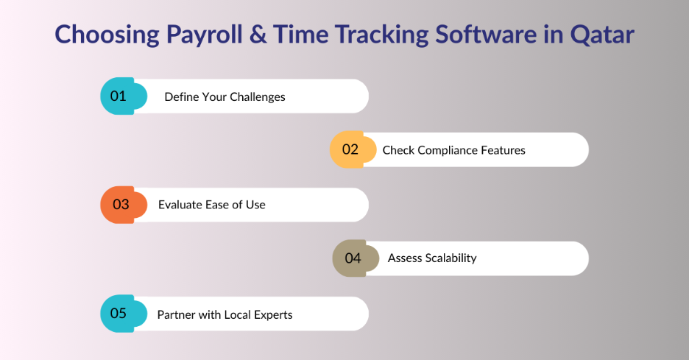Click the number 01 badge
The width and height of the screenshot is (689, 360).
point(124,96)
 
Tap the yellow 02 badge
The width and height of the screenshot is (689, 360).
point(353,149)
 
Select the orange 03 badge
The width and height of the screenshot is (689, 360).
point(124,205)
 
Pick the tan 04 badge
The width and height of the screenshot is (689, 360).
point(356,258)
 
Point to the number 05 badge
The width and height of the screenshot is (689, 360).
point(124,314)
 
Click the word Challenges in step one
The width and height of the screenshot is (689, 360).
point(258,97)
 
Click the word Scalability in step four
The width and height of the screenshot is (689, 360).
point(451,258)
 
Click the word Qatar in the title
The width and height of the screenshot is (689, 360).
point(602,35)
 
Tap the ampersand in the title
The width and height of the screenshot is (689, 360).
point(258,35)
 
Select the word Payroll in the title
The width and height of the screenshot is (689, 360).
point(205,35)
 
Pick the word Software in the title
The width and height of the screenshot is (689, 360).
point(486,35)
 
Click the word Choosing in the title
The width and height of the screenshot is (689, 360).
point(107,35)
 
